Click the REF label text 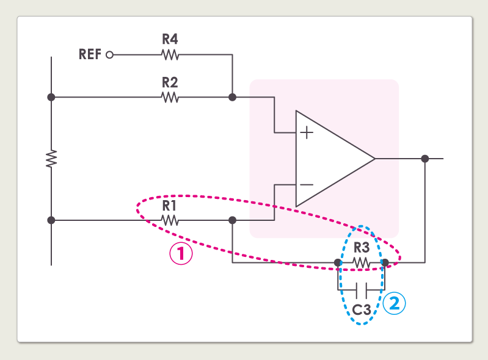click(90, 54)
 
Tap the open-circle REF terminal click(110, 54)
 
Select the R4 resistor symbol click(170, 54)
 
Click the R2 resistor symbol click(170, 97)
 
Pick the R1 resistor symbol click(169, 220)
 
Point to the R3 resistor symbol click(362, 262)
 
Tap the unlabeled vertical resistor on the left click(51, 158)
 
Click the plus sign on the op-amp click(307, 132)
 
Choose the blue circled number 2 click(395, 303)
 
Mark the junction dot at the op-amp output click(425, 159)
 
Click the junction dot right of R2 click(232, 97)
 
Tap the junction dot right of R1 click(232, 220)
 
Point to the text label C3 click(362, 309)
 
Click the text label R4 click(170, 40)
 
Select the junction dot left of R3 click(338, 262)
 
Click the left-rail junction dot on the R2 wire click(51, 97)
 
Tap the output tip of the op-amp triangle click(374, 159)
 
